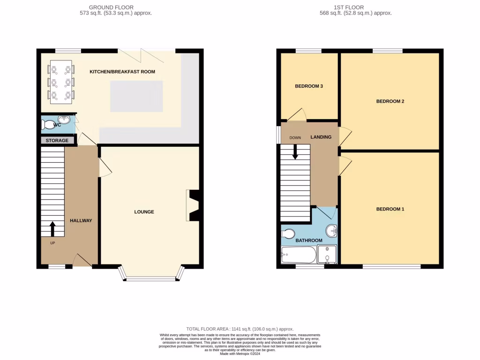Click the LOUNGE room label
click(144, 212)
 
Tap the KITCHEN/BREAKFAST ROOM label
click(122, 72)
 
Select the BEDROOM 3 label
click(309, 86)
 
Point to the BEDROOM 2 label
click(390, 101)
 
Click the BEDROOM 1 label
click(390, 209)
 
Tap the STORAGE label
click(57, 140)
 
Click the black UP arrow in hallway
click(52, 229)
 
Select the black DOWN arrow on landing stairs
click(295, 151)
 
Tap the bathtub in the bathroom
click(298, 255)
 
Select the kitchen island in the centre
click(136, 96)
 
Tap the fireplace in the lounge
click(193, 205)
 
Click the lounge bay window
click(152, 276)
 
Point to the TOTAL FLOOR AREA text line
click(240, 329)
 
